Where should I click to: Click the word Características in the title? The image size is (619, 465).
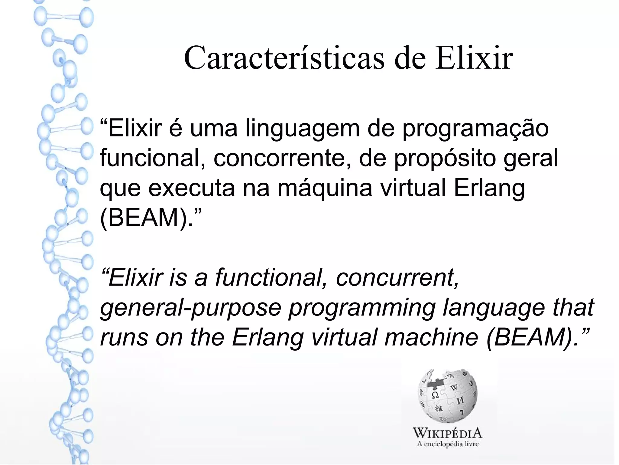[284, 58]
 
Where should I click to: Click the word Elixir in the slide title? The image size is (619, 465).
[474, 58]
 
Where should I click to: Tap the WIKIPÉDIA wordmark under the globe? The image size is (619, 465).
[448, 434]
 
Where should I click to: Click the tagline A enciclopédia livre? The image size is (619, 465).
[448, 444]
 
